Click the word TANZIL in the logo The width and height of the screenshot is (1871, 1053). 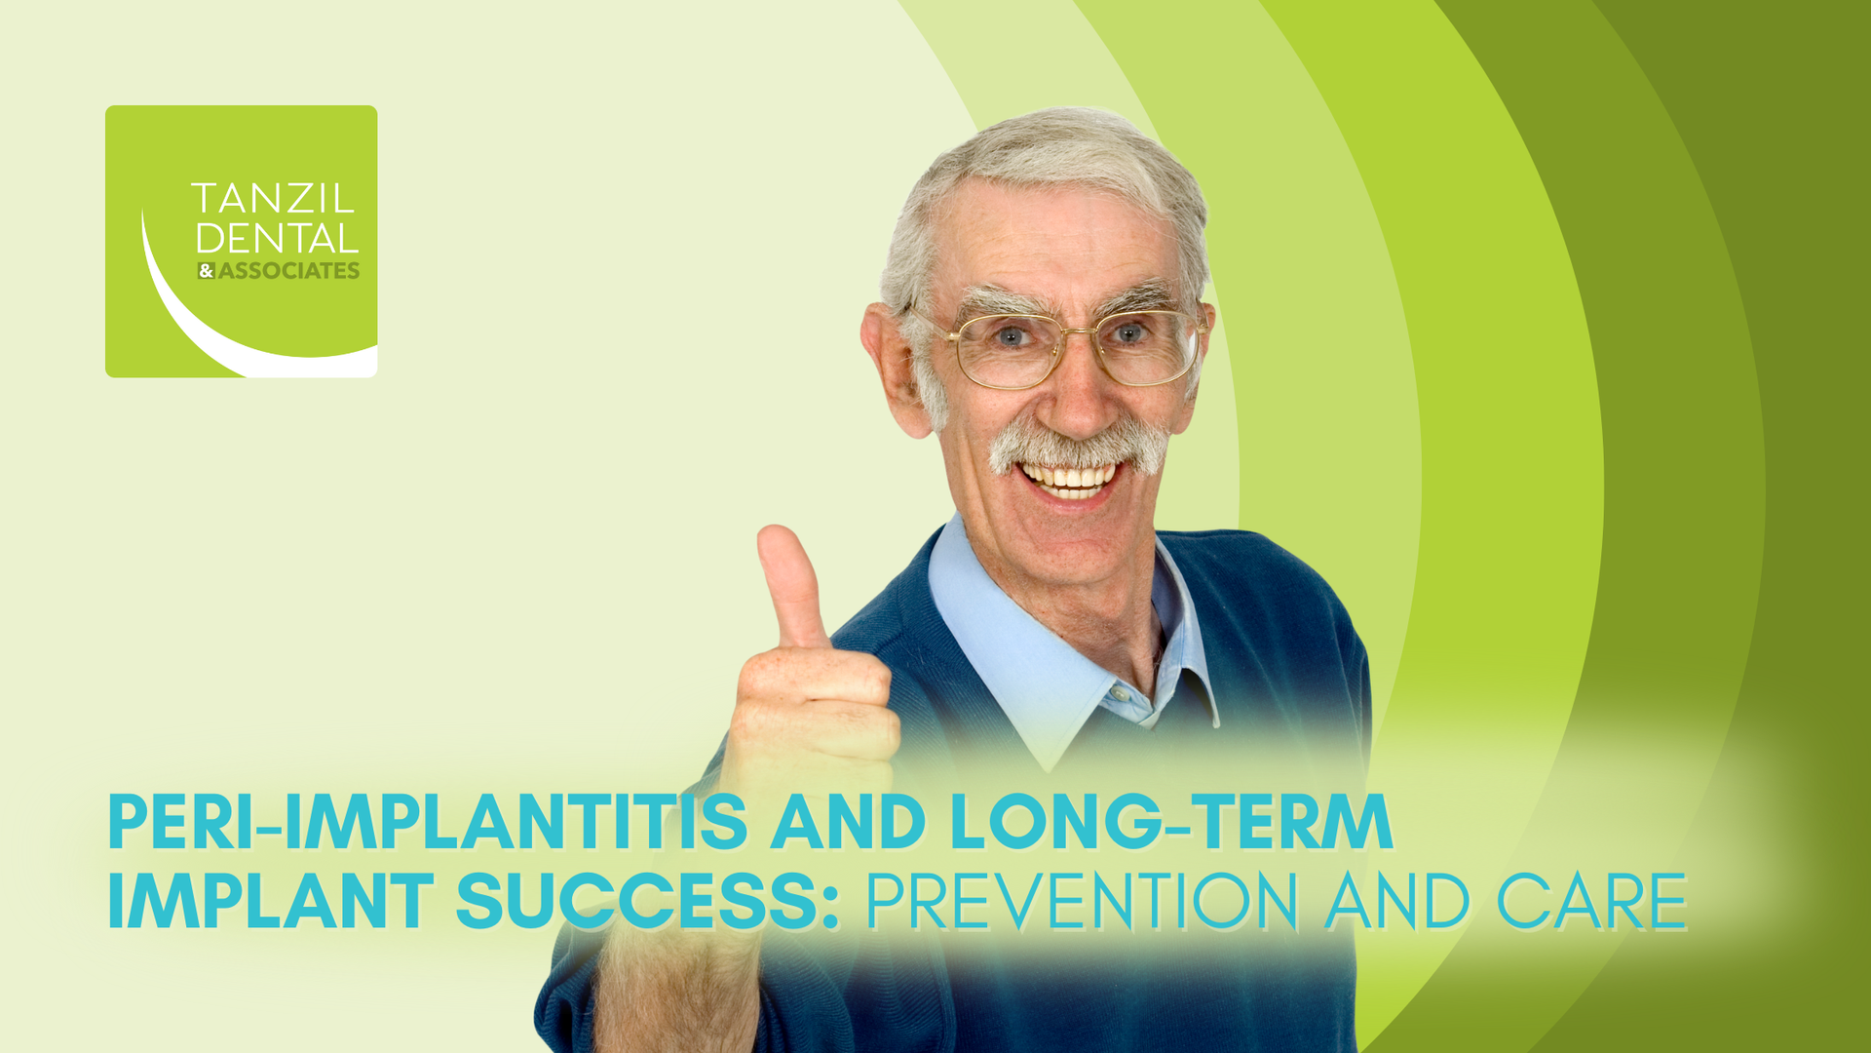(272, 199)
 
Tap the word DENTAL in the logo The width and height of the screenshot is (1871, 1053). (277, 239)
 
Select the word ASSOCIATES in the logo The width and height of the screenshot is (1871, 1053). (288, 271)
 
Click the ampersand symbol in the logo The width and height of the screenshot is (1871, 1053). (206, 271)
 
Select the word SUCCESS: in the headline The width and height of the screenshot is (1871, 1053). (647, 901)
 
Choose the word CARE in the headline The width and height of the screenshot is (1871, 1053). (1590, 901)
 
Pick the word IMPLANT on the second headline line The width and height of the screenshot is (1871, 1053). (270, 901)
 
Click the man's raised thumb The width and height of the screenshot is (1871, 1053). (790, 585)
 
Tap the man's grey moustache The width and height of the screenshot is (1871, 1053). (1078, 447)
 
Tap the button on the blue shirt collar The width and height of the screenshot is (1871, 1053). (1119, 693)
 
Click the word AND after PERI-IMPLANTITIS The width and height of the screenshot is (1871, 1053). (848, 822)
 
